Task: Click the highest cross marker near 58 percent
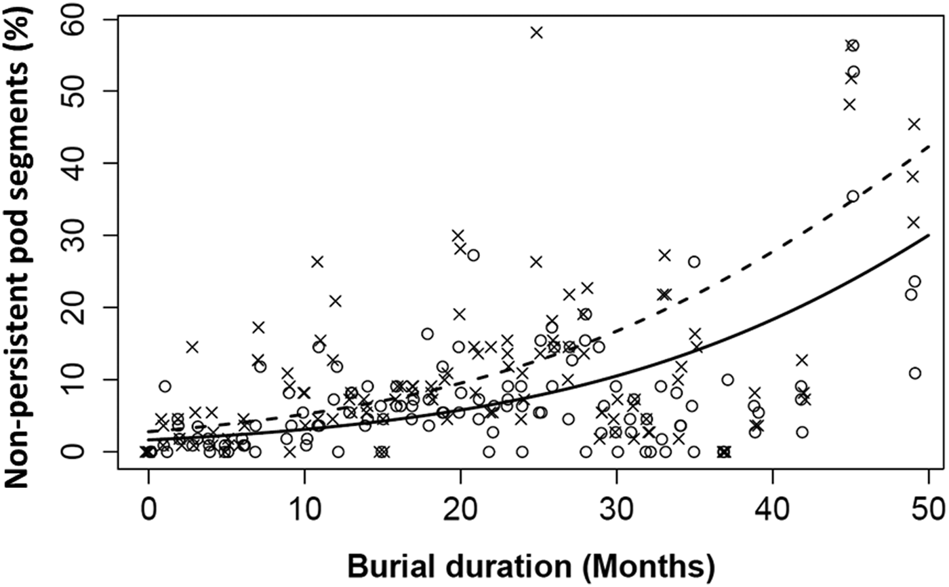click(537, 32)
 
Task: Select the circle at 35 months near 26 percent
click(694, 261)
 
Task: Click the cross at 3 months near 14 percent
click(193, 347)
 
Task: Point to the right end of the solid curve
click(928, 235)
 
